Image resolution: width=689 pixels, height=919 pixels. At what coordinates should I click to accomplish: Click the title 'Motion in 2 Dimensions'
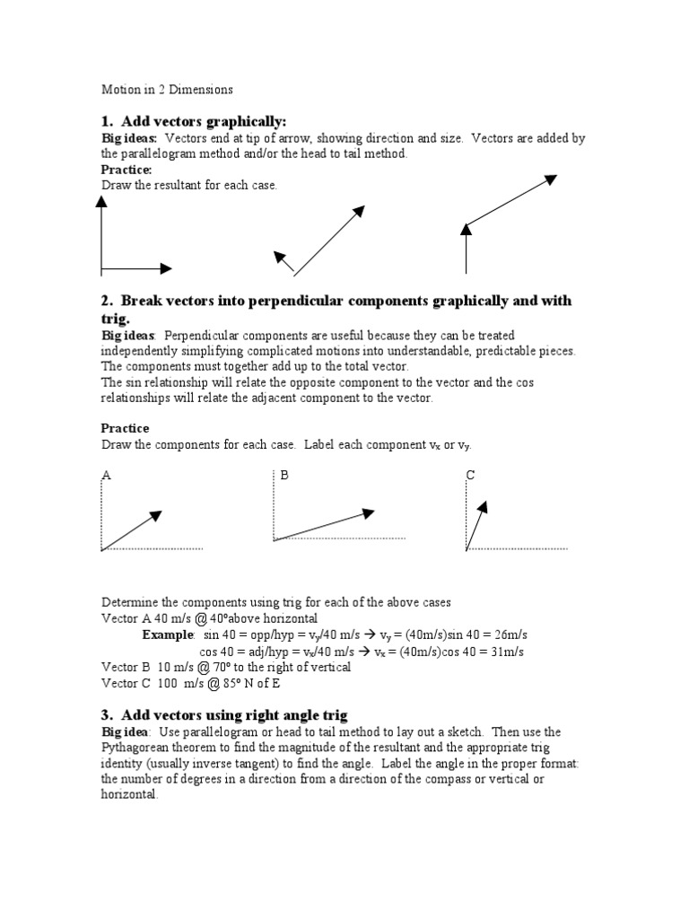click(x=167, y=90)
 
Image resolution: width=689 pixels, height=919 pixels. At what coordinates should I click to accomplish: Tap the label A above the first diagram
click(x=106, y=476)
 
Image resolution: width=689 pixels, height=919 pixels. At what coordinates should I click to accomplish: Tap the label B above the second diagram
click(x=284, y=475)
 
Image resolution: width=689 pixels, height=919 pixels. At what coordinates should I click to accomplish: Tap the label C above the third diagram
click(x=469, y=475)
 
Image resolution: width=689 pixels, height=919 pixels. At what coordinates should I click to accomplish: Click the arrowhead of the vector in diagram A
click(x=156, y=514)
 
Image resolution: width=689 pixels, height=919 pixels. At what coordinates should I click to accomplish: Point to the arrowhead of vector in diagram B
click(x=368, y=512)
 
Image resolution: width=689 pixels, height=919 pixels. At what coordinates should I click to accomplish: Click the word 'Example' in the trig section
click(x=168, y=635)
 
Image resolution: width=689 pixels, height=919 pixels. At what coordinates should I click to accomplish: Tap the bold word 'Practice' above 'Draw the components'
click(x=125, y=428)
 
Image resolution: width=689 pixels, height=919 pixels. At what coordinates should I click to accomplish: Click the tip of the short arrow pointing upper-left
click(x=277, y=255)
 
